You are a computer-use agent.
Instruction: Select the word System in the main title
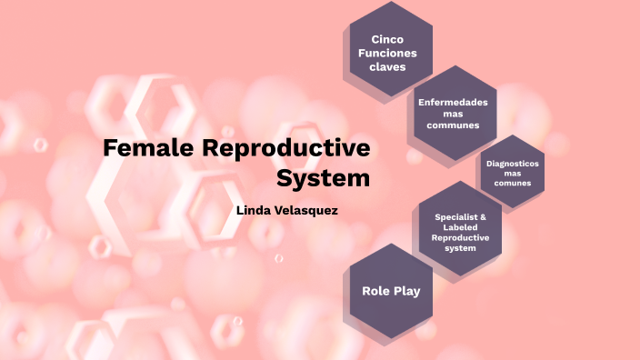click(x=324, y=178)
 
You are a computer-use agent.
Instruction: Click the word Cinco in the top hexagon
click(x=387, y=38)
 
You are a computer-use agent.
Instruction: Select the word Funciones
click(x=387, y=53)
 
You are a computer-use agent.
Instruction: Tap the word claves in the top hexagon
click(x=387, y=66)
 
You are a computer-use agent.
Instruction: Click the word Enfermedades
click(x=453, y=102)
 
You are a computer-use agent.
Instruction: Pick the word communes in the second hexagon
click(x=453, y=125)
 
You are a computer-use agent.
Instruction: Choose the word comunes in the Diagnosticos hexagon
click(x=513, y=183)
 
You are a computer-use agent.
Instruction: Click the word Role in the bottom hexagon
click(x=376, y=291)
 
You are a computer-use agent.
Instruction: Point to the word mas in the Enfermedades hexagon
click(x=453, y=114)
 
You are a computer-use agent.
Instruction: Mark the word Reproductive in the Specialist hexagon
click(x=461, y=237)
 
